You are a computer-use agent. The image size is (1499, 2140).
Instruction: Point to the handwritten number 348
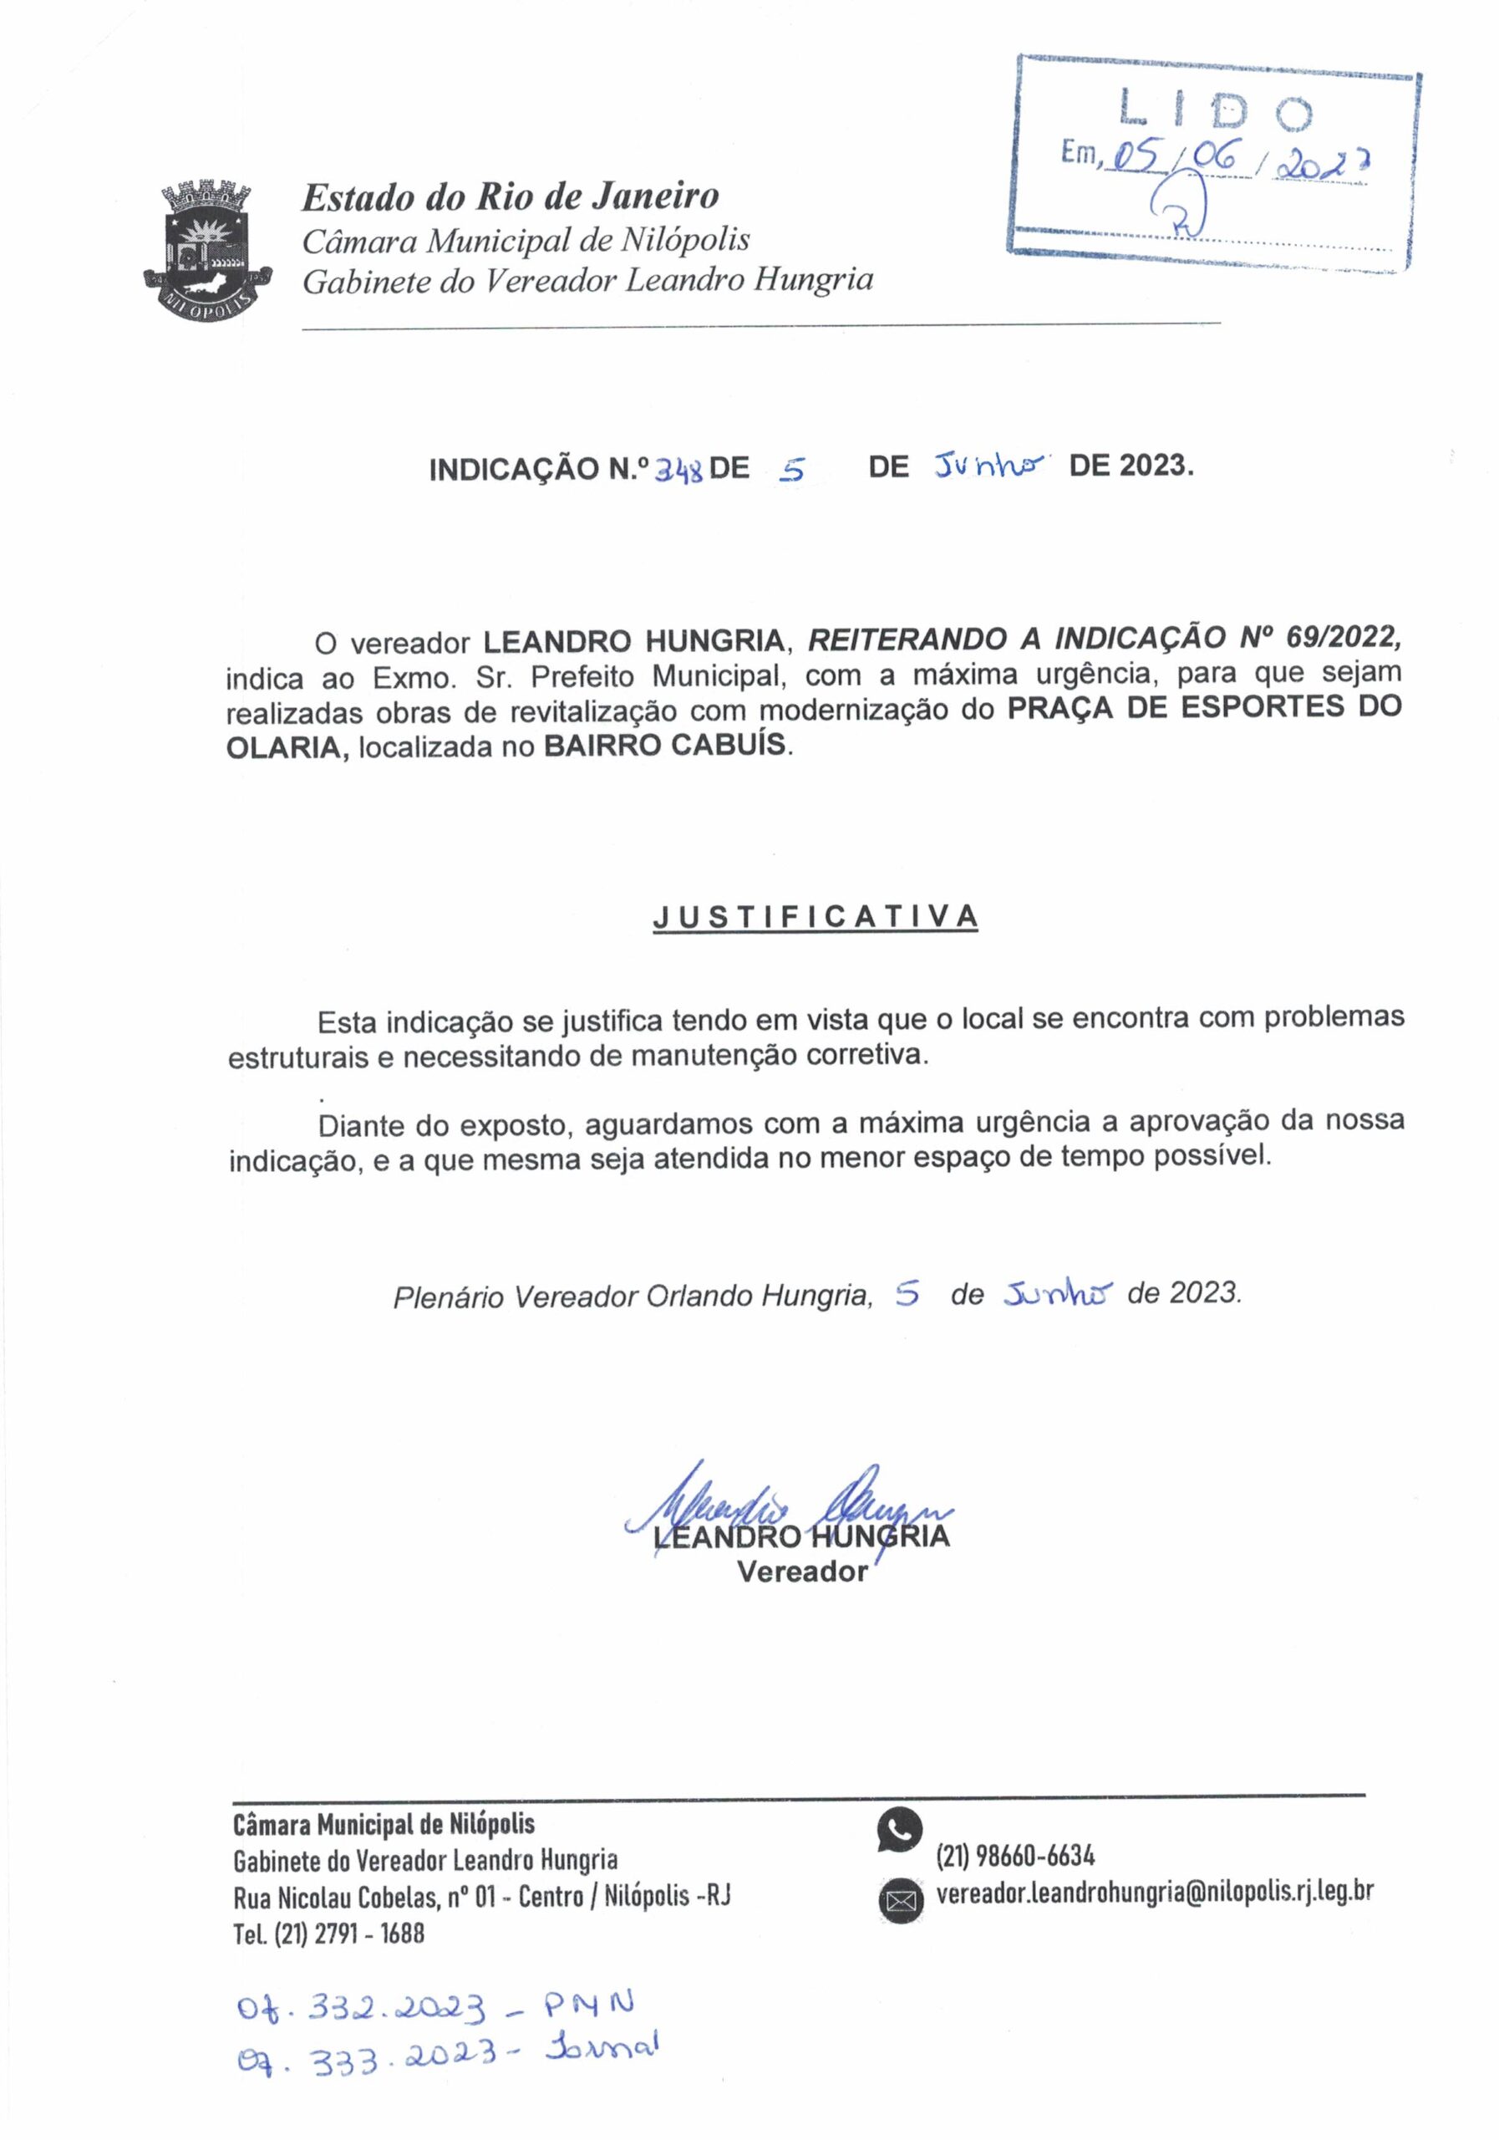point(678,469)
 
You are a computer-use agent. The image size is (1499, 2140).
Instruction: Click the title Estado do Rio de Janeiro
point(510,196)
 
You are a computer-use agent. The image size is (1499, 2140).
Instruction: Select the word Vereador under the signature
point(802,1572)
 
